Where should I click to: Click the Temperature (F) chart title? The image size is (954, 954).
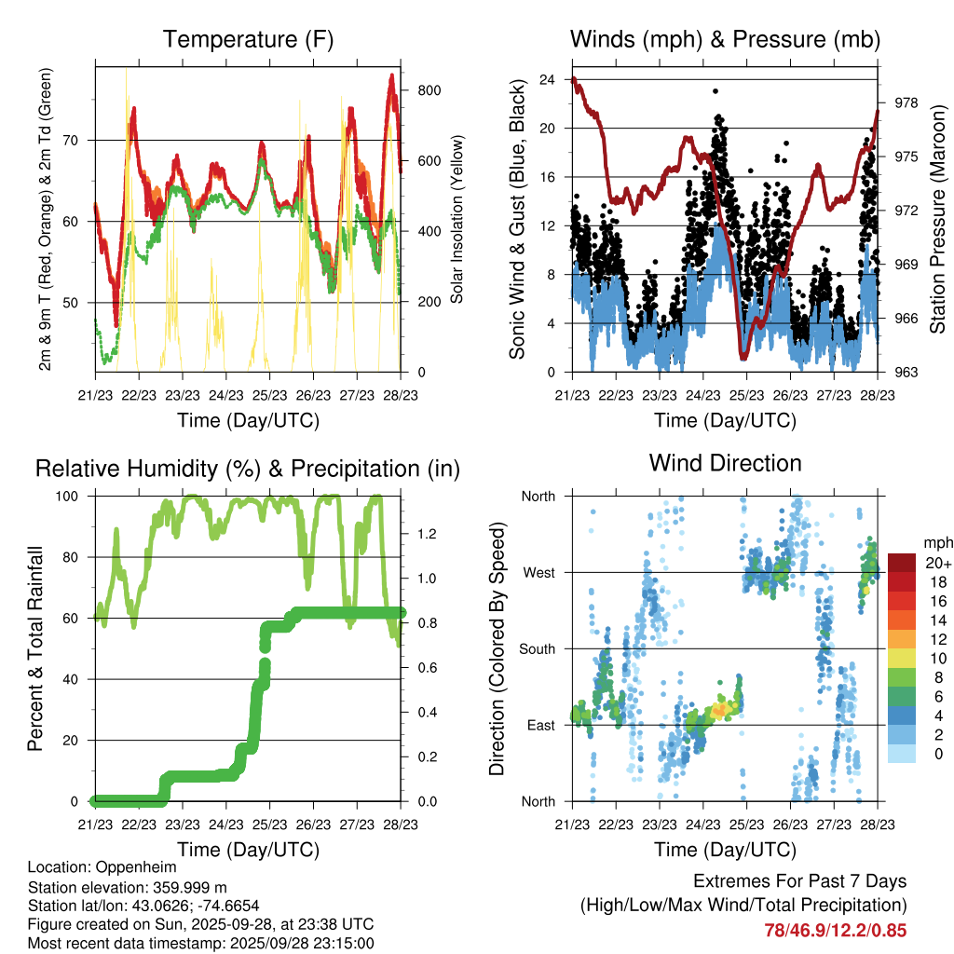point(248,40)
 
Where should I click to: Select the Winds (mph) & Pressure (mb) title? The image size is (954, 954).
point(725,40)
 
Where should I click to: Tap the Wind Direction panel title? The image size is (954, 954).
point(725,463)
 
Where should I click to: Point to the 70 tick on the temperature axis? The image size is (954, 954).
point(79,141)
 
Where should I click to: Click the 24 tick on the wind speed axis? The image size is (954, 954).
point(548,79)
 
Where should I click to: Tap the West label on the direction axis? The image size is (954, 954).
point(538,572)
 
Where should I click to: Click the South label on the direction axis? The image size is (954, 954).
point(537,648)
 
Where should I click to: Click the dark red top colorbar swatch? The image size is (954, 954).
point(903,562)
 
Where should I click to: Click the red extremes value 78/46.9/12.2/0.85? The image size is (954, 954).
point(835,930)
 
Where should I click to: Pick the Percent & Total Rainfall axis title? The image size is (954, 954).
point(38,648)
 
